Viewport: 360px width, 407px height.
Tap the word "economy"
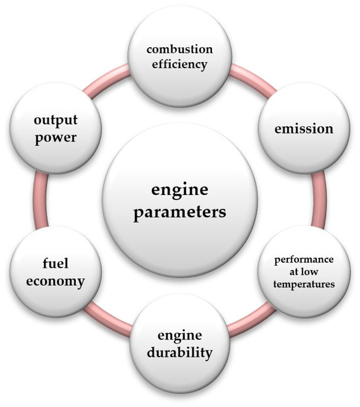click(60, 282)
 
